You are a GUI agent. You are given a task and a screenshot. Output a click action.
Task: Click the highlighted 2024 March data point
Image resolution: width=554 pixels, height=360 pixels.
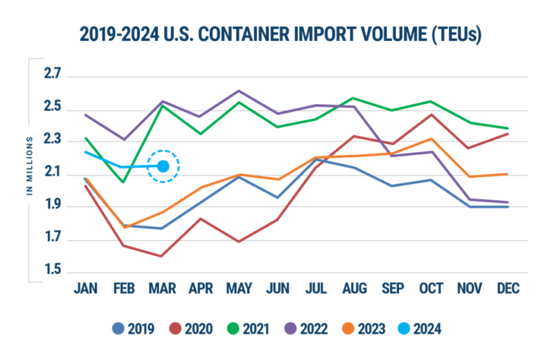click(163, 166)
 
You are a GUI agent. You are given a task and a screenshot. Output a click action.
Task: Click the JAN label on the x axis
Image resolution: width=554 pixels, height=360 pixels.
click(85, 288)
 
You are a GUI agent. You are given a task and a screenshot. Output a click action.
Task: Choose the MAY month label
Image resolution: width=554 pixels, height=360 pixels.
click(239, 288)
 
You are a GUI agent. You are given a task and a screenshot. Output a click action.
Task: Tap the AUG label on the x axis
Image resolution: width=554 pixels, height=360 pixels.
click(355, 288)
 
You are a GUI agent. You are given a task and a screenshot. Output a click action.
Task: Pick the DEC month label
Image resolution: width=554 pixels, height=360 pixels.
click(508, 288)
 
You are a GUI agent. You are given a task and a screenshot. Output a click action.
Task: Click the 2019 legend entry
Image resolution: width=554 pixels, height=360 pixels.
click(135, 328)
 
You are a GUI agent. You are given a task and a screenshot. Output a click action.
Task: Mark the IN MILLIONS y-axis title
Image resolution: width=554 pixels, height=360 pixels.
click(30, 166)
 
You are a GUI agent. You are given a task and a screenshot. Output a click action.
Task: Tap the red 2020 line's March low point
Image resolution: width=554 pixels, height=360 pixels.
click(162, 256)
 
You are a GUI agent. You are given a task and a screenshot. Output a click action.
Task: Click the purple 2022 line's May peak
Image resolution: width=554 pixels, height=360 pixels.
click(239, 90)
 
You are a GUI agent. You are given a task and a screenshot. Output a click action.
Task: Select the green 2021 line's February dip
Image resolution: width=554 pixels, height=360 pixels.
click(123, 182)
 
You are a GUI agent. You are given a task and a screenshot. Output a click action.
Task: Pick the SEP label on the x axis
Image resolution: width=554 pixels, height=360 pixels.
click(393, 288)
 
